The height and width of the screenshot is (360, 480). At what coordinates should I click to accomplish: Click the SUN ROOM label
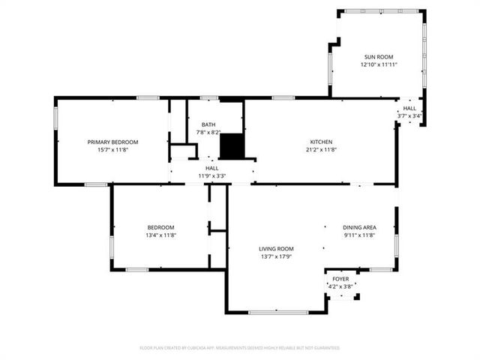[x=379, y=57]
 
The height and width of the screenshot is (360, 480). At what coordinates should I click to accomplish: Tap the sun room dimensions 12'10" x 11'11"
[x=379, y=65]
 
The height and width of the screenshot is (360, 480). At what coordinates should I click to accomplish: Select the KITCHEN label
[x=322, y=142]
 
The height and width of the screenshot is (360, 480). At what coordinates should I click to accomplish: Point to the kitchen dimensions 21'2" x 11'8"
[x=322, y=150]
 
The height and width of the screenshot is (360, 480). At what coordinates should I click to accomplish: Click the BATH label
[x=208, y=124]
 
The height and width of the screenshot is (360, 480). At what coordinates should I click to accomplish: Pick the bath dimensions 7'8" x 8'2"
[x=208, y=132]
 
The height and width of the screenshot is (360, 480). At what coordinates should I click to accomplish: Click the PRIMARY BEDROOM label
[x=112, y=142]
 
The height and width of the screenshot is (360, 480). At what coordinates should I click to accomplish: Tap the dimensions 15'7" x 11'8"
[x=112, y=150]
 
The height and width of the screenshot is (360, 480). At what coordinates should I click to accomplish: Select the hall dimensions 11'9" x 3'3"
[x=212, y=176]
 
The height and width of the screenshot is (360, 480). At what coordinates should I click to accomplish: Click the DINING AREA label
[x=359, y=227]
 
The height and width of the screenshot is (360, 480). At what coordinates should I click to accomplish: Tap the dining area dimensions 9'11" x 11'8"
[x=359, y=235]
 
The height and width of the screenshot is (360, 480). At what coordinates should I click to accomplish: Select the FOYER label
[x=340, y=278]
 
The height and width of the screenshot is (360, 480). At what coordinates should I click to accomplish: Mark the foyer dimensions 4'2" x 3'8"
[x=340, y=286]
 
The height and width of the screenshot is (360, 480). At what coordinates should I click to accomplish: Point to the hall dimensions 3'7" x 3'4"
[x=409, y=115]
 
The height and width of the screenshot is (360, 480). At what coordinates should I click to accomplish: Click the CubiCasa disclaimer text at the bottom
[x=240, y=348]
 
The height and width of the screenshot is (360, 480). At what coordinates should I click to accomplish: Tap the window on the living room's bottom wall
[x=277, y=312]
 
